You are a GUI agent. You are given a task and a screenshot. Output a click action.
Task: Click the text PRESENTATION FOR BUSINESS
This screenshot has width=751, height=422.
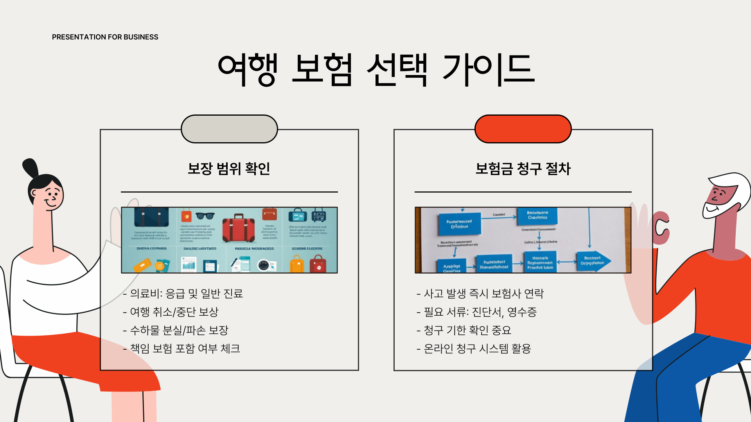(x=105, y=37)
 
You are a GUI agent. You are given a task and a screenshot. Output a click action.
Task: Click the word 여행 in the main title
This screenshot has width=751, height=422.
(x=248, y=70)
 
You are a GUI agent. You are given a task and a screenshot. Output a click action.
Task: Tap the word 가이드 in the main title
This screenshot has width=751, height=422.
(x=488, y=70)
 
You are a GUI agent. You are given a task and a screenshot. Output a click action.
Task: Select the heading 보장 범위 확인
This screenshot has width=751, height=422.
(x=229, y=168)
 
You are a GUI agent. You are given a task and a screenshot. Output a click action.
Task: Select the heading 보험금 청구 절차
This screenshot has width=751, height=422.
(x=523, y=168)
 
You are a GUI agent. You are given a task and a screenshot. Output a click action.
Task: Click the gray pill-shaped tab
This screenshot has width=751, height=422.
(x=229, y=129)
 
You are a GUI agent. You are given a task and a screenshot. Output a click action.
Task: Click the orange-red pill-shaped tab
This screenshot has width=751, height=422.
(x=523, y=129)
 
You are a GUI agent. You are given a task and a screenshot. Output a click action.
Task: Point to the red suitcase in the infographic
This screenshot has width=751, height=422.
(x=238, y=229)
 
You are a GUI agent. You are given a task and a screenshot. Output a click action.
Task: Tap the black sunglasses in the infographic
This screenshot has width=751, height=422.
(x=205, y=216)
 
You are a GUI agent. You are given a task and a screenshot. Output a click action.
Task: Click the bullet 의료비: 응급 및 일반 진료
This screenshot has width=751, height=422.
(x=183, y=293)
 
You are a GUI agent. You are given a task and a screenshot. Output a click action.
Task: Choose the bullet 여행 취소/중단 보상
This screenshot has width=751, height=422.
(x=171, y=312)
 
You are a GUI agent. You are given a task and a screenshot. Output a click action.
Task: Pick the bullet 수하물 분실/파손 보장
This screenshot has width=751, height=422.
(x=176, y=330)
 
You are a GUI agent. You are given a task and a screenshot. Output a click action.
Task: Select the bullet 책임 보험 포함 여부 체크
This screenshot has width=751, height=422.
(x=181, y=349)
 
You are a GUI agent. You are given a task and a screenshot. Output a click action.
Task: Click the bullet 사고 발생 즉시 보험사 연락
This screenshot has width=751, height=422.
(x=480, y=293)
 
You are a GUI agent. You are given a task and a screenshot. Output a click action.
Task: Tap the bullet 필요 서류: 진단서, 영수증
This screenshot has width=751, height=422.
(x=477, y=312)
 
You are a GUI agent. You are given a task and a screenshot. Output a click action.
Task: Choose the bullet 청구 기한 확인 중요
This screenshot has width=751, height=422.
(x=464, y=330)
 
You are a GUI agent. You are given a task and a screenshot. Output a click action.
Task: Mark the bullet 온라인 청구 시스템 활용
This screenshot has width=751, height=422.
(x=474, y=349)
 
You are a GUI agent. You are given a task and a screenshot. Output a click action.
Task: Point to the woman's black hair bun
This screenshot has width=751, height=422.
(x=31, y=167)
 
